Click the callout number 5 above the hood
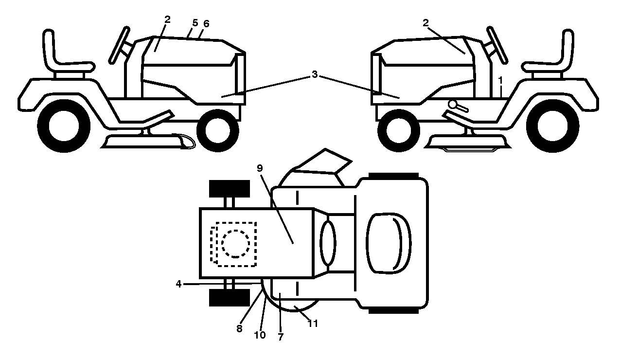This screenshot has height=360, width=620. (195, 23)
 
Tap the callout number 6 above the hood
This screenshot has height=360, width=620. (206, 24)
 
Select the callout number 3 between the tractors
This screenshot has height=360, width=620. (315, 74)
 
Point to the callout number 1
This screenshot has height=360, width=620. (500, 80)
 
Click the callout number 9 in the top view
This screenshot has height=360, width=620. (260, 168)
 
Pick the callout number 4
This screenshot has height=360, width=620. (178, 284)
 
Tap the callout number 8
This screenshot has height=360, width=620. (239, 328)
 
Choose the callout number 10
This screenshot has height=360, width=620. (260, 335)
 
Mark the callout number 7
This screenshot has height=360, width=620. (281, 337)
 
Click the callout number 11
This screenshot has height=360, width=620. (313, 324)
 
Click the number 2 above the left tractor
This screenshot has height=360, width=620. (167, 19)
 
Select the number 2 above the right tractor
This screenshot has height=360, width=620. (425, 23)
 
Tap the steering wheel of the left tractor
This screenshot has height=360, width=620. (119, 45)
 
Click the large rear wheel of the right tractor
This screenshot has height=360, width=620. (552, 126)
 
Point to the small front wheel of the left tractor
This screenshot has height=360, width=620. (217, 130)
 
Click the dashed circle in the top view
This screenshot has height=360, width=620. (235, 244)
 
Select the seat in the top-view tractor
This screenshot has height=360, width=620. (389, 243)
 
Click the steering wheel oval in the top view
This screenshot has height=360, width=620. (328, 243)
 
